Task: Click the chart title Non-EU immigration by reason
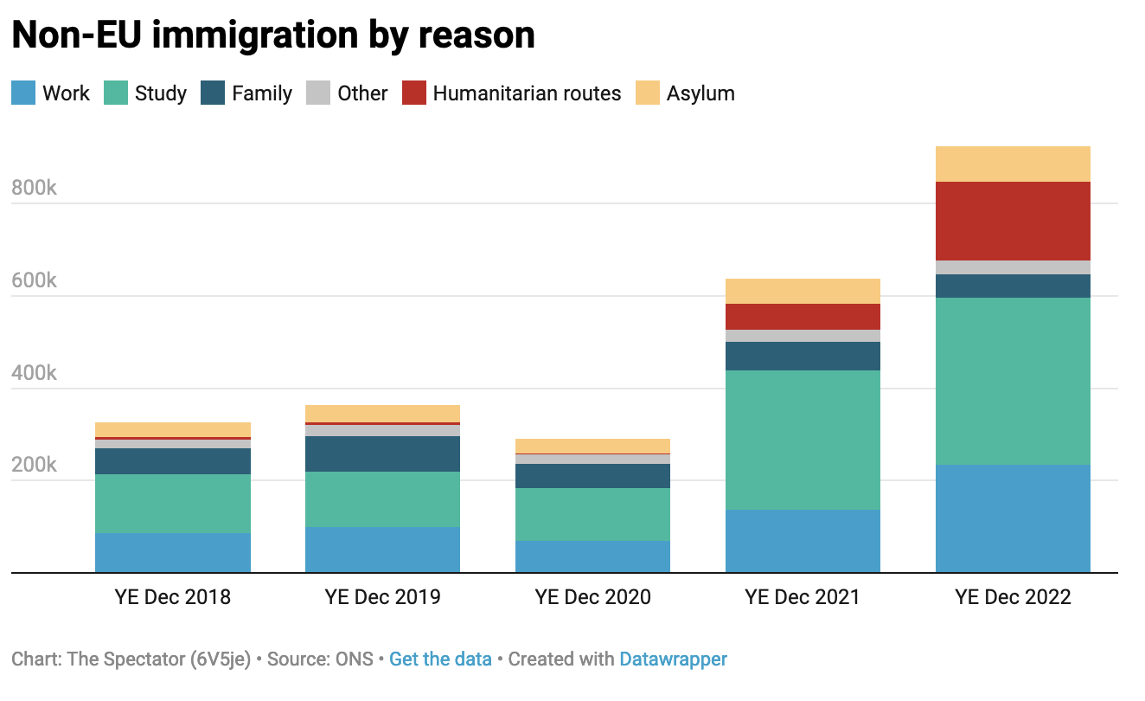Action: click(273, 35)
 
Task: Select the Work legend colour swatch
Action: click(23, 93)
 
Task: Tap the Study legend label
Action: click(161, 93)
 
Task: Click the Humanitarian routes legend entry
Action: click(527, 93)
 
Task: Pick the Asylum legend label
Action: click(700, 93)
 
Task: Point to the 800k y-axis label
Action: click(34, 188)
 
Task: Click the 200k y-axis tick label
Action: click(34, 465)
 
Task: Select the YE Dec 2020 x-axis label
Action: click(592, 597)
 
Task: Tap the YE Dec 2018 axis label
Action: click(172, 597)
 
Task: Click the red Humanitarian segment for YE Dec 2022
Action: click(1013, 221)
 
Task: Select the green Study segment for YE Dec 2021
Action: click(803, 440)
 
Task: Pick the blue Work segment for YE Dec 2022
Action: click(1013, 518)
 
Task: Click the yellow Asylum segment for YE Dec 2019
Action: click(382, 413)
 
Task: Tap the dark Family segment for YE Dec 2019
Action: click(382, 453)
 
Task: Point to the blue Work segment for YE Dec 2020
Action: click(592, 556)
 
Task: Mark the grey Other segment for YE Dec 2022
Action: click(1013, 267)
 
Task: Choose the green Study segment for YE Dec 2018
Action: click(172, 503)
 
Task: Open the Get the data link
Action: click(440, 659)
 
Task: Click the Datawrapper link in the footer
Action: click(673, 659)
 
